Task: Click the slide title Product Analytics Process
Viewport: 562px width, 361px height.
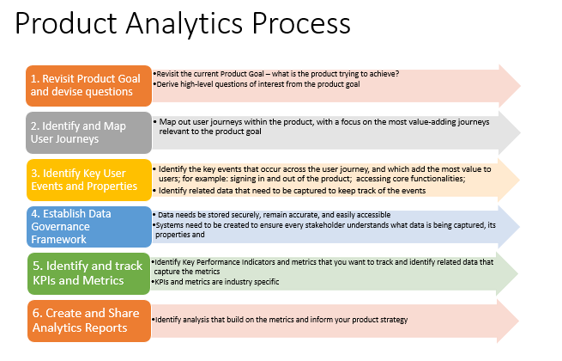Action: click(182, 25)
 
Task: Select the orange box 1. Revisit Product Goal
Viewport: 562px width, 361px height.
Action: click(86, 85)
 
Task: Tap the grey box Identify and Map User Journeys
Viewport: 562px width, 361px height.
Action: click(86, 132)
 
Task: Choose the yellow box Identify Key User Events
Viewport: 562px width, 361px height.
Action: click(86, 179)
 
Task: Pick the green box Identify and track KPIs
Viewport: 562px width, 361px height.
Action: click(86, 273)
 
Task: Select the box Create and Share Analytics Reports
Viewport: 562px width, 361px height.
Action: click(86, 320)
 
